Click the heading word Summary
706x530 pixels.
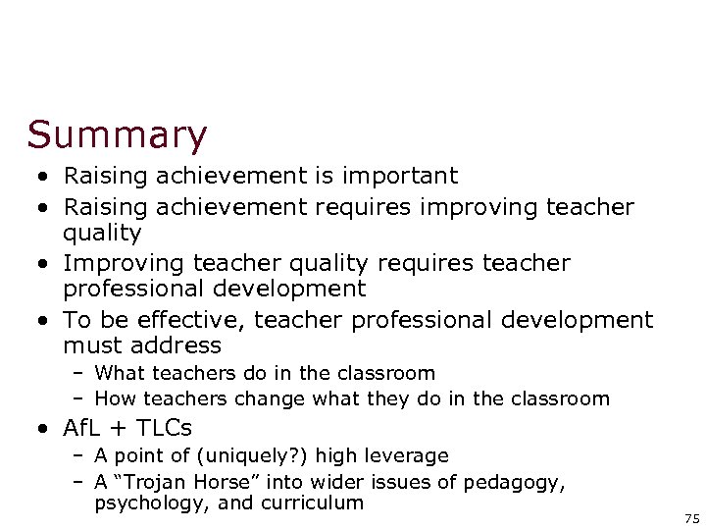118,135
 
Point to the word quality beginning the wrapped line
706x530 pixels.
102,234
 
